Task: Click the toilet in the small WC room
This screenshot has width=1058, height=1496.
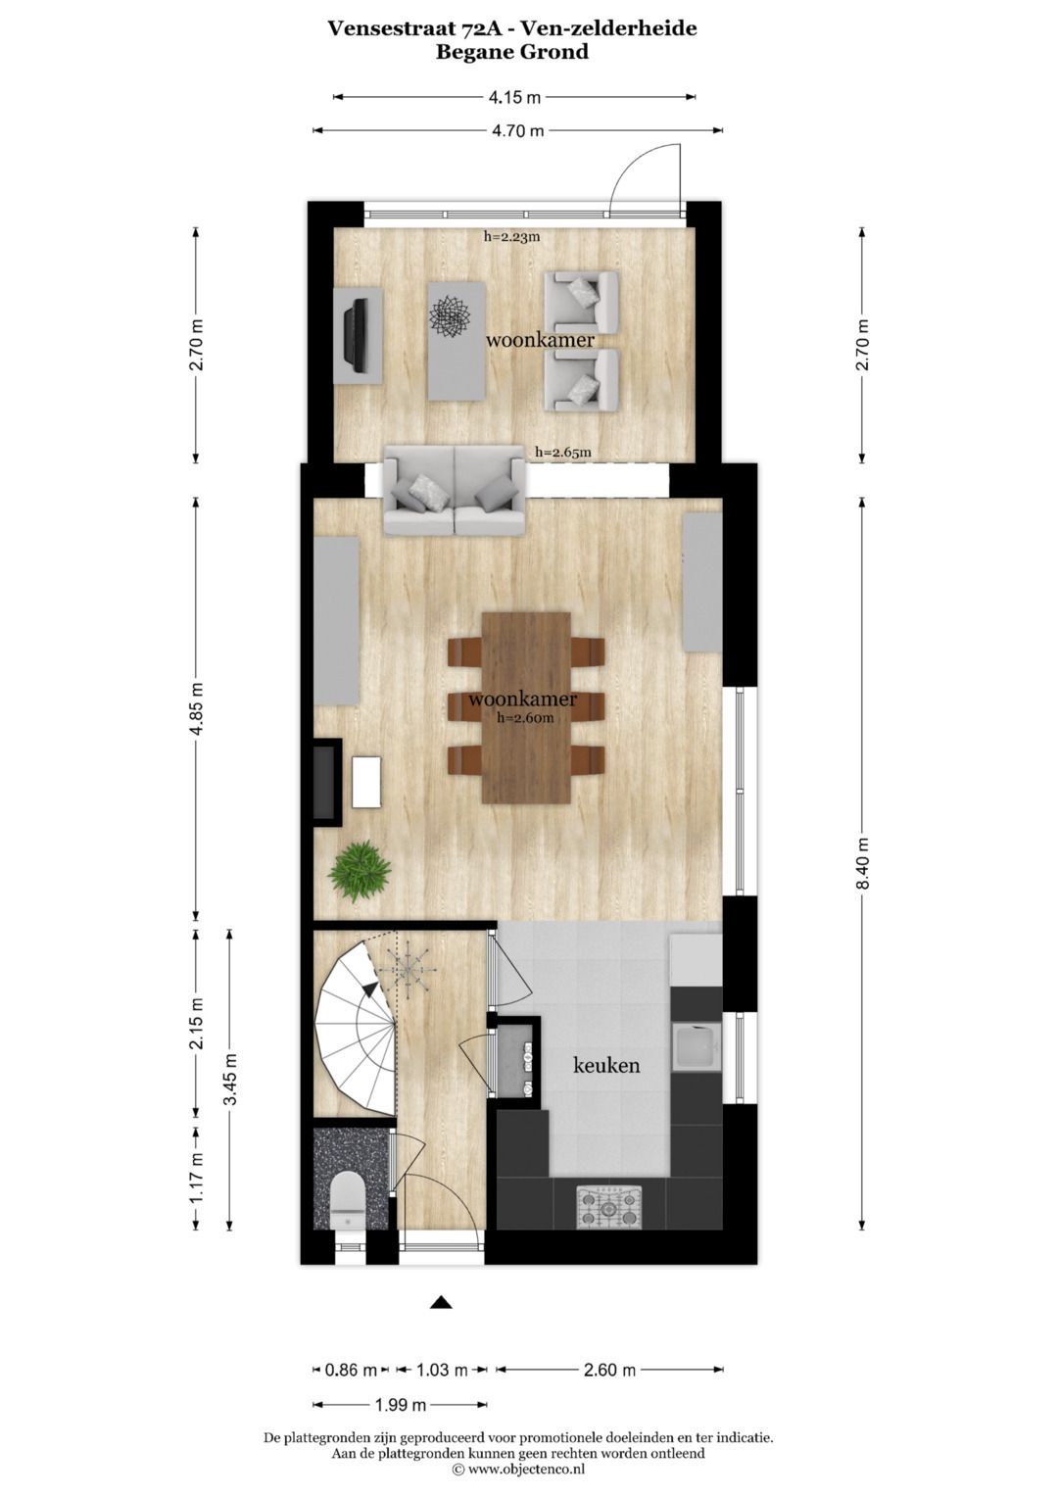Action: (347, 1201)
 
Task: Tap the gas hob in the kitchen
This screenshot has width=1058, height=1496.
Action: (608, 1206)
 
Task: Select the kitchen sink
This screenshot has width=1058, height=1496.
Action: (696, 1047)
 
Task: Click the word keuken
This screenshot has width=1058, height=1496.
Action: (606, 1065)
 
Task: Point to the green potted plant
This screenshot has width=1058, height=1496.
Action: (360, 870)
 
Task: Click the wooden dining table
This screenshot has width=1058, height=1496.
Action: (526, 706)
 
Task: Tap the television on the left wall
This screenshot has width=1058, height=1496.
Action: (356, 335)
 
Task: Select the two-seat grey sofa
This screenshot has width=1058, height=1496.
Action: (454, 491)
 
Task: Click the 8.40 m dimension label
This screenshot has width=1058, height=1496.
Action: (863, 863)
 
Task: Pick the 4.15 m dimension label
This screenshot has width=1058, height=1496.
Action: (514, 97)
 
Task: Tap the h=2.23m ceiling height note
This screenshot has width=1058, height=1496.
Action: (511, 236)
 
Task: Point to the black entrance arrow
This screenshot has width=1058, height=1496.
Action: (441, 1302)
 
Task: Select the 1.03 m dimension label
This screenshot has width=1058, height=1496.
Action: (442, 1370)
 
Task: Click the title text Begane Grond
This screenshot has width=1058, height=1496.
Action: (512, 52)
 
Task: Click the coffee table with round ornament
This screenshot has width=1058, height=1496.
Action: (457, 340)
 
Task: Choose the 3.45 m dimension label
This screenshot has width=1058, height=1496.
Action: (230, 1079)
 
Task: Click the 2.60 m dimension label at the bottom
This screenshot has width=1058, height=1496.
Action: (609, 1370)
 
